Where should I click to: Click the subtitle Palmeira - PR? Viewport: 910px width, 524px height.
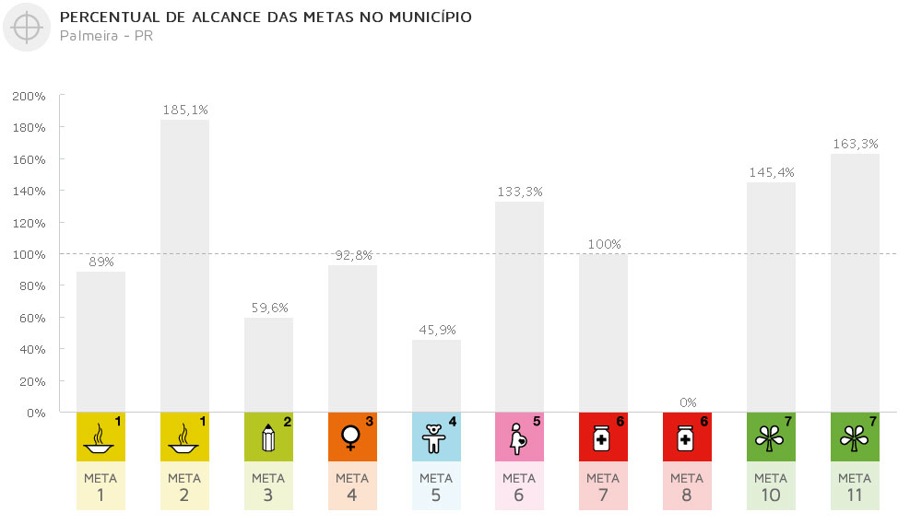[106, 36]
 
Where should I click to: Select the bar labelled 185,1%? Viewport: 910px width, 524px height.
[184, 266]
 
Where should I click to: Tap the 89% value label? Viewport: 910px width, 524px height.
[100, 262]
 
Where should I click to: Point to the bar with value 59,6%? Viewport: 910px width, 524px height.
[268, 365]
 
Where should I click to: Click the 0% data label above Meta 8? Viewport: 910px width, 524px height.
[687, 402]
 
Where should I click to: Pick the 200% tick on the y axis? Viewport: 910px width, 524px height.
[29, 96]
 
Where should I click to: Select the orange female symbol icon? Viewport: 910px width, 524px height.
[352, 437]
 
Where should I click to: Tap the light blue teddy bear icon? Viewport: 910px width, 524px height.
[436, 437]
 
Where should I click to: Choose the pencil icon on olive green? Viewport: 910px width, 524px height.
[268, 437]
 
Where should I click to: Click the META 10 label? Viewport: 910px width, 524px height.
[771, 485]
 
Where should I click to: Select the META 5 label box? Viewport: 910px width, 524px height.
[436, 485]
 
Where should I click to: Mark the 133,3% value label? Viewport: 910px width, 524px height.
[520, 192]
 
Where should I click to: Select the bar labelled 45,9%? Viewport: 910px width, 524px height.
[436, 376]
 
